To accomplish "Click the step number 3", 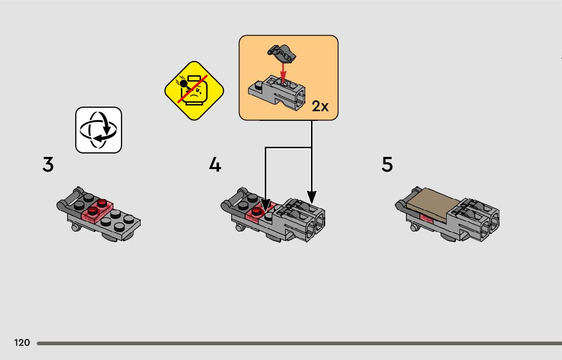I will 48,165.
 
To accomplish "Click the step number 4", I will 215,165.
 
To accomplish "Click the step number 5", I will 387,165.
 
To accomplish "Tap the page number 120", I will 22,343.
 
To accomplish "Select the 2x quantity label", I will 320,106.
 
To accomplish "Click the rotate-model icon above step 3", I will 99,130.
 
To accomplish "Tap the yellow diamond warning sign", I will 194,91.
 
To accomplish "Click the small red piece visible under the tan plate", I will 425,219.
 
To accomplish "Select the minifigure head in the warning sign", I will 194,91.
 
